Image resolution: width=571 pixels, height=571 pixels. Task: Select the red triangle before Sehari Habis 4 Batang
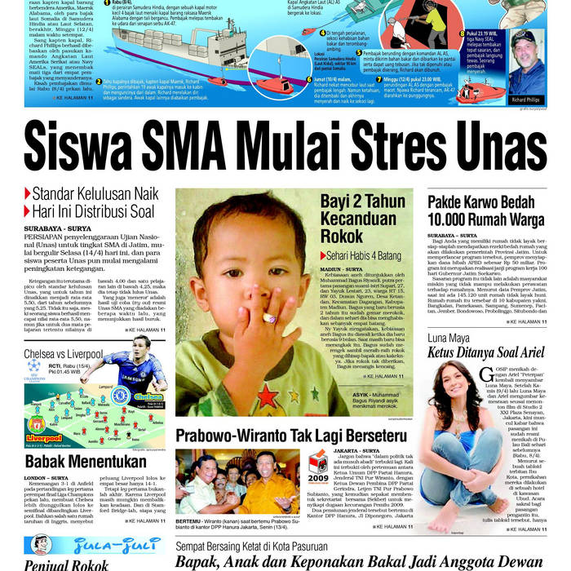click(323, 255)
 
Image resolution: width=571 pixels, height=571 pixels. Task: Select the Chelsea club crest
click(120, 396)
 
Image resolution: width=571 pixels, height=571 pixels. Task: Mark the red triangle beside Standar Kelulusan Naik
click(28, 194)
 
